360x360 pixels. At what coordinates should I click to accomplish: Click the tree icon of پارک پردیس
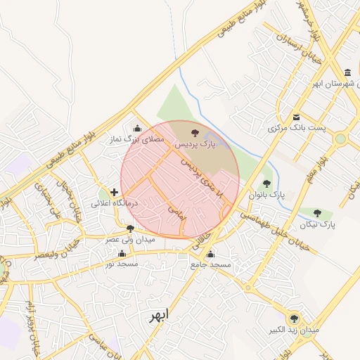[x=195, y=132]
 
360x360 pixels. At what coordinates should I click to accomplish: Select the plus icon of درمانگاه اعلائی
[x=115, y=191]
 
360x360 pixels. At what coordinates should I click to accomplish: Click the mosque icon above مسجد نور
[x=122, y=253]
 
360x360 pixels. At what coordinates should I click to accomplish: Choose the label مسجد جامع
[x=210, y=264]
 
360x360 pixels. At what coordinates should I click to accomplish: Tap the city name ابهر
[x=159, y=316]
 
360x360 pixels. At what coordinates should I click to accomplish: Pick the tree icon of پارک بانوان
[x=266, y=184]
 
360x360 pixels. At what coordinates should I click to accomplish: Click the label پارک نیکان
[x=316, y=224]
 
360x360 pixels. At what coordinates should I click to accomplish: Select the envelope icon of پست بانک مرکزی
[x=296, y=117]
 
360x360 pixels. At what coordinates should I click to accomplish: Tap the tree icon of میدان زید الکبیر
[x=294, y=318]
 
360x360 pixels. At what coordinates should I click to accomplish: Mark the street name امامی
[x=176, y=213]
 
